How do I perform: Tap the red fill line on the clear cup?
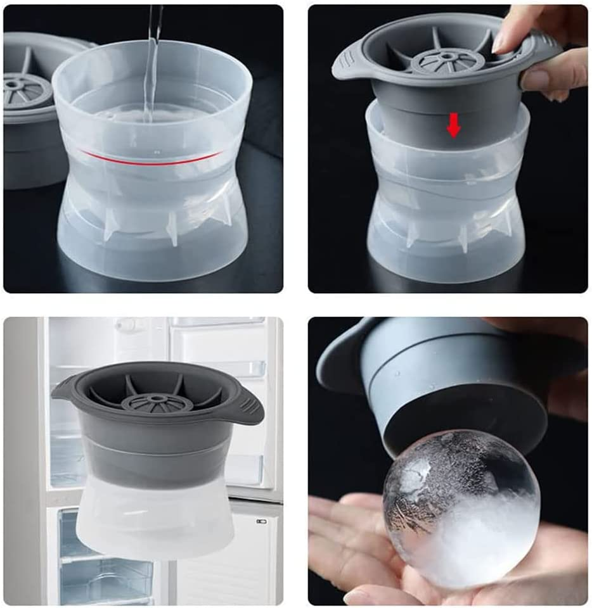[x=152, y=158]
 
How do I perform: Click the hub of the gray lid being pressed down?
[x=447, y=58]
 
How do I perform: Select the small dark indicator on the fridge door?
[x=261, y=521]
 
